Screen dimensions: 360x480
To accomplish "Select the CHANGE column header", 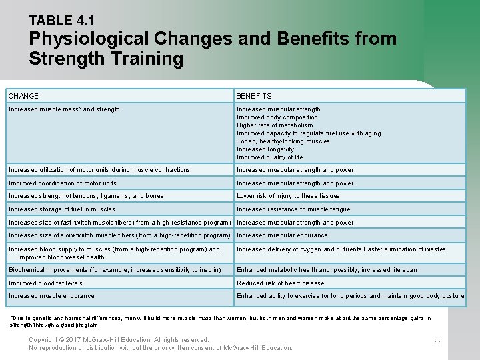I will pyautogui.click(x=23, y=96).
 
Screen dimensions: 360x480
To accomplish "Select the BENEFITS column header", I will pyautogui.click(x=254, y=96).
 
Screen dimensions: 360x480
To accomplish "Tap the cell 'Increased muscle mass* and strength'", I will pyautogui.click(x=64, y=109).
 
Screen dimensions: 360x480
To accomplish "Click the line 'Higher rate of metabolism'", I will pyautogui.click(x=275, y=125).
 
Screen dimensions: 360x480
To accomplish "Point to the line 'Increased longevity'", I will pyautogui.click(x=265, y=149).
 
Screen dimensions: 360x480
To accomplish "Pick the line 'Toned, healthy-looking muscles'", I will pyautogui.click(x=283, y=141).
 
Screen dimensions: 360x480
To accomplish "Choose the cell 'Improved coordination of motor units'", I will pyautogui.click(x=63, y=183).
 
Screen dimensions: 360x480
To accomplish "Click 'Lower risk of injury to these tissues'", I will pyautogui.click(x=288, y=196).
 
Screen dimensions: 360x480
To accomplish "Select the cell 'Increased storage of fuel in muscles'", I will pyautogui.click(x=62, y=209).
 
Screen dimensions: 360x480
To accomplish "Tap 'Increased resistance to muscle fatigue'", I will pyautogui.click(x=293, y=209).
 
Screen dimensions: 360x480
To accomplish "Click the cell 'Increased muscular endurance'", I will pyautogui.click(x=282, y=235).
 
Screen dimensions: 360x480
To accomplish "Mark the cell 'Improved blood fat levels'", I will pyautogui.click(x=46, y=283).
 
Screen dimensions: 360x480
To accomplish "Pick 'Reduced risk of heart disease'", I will pyautogui.click(x=281, y=283).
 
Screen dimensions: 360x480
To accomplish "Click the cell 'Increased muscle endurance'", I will pyautogui.click(x=51, y=296).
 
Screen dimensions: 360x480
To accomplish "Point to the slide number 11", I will pyautogui.click(x=438, y=343).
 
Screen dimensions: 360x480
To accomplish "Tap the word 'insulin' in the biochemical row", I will pyautogui.click(x=209, y=270).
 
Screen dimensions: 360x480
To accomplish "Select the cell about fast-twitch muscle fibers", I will pyautogui.click(x=120, y=223).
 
